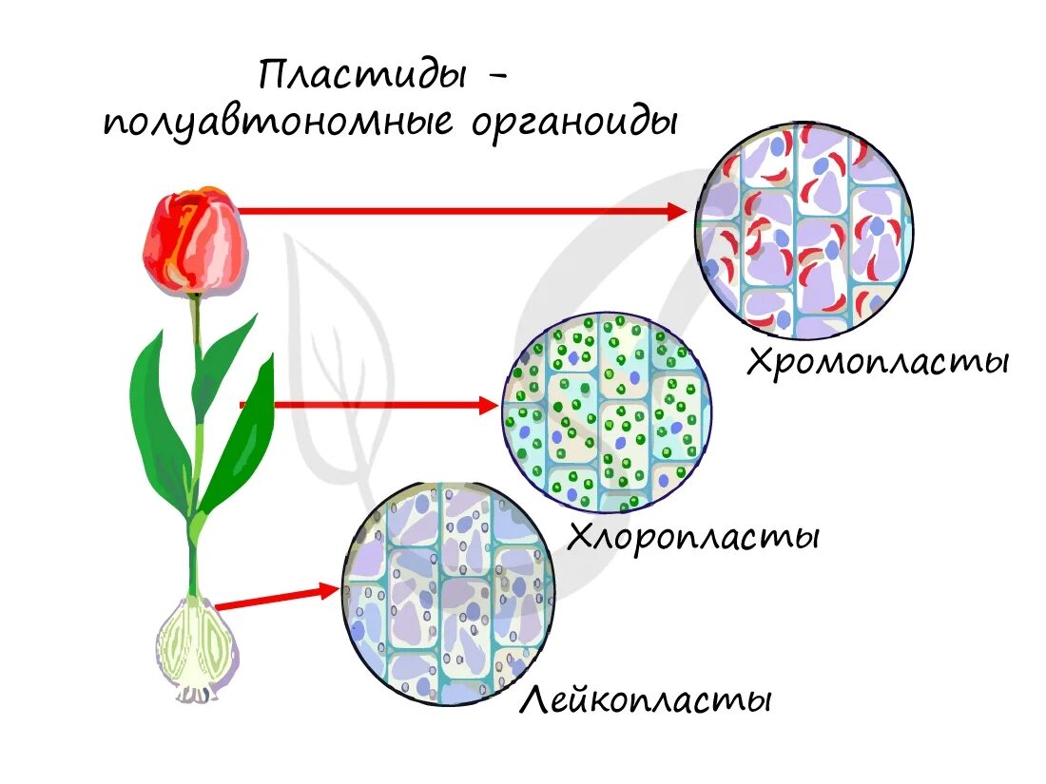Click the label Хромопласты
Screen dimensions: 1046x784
click(876, 362)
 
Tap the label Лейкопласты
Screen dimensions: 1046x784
click(645, 701)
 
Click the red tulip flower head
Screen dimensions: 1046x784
click(195, 241)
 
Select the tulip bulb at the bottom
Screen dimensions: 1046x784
click(197, 645)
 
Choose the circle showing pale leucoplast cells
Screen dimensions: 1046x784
click(448, 594)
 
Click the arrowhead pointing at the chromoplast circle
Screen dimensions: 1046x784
click(675, 211)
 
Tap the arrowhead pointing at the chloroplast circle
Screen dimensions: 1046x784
click(487, 406)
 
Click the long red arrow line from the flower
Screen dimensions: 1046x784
click(456, 211)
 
